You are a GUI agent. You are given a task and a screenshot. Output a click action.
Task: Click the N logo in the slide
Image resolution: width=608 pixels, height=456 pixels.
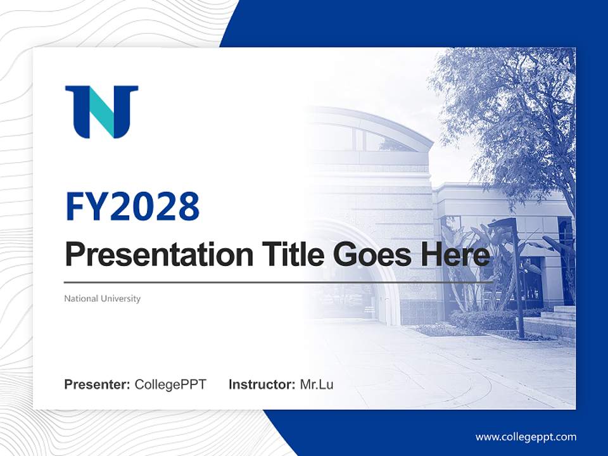(101, 111)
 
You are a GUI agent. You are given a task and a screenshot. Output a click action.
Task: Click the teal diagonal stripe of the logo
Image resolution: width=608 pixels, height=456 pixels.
(102, 113)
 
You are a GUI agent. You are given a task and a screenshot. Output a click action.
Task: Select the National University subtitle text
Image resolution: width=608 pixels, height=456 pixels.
(102, 298)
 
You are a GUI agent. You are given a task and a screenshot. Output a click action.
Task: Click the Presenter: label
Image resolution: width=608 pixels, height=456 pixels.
(98, 384)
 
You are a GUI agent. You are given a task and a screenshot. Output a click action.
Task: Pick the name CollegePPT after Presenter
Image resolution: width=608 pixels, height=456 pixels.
(170, 384)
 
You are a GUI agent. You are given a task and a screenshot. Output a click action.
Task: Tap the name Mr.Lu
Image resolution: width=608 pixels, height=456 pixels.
(317, 384)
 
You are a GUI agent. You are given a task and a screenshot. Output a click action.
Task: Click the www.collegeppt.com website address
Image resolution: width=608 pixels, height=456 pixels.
(526, 437)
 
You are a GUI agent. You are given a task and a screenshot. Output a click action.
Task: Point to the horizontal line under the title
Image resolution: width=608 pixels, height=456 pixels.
(279, 282)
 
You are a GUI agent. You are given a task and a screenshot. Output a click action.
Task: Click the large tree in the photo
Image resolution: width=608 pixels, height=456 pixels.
(513, 108)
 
